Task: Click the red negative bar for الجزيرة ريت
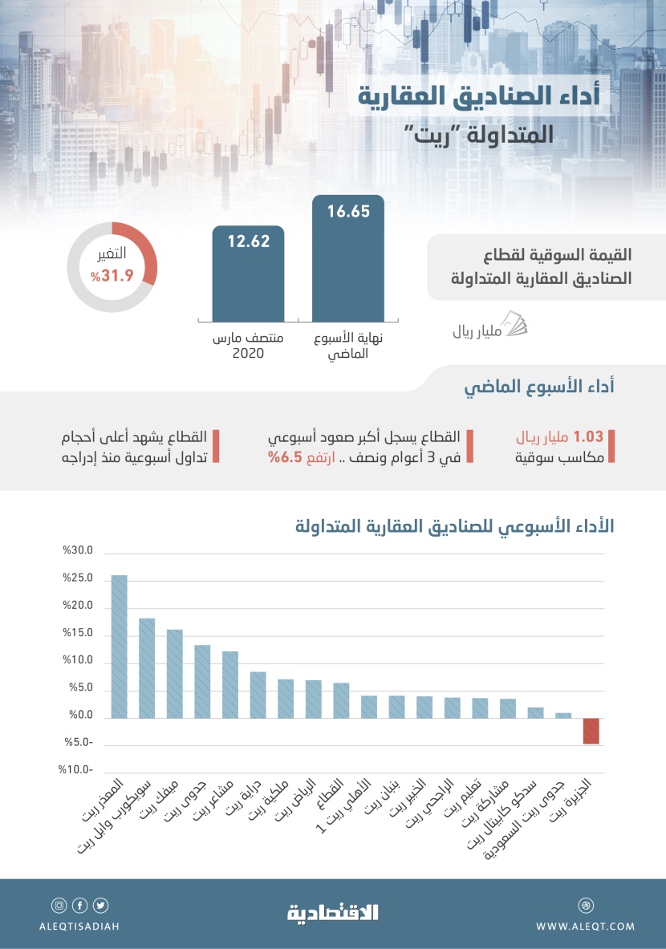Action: (591, 731)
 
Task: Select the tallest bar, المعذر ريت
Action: (119, 647)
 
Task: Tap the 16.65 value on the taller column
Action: (347, 213)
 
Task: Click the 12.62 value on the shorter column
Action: (248, 241)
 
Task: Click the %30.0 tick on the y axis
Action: (79, 551)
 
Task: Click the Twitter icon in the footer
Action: (101, 906)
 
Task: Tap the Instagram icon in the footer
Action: (59, 906)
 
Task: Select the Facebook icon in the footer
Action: (79, 906)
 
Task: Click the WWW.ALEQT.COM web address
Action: (585, 926)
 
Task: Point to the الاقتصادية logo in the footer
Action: (333, 912)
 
